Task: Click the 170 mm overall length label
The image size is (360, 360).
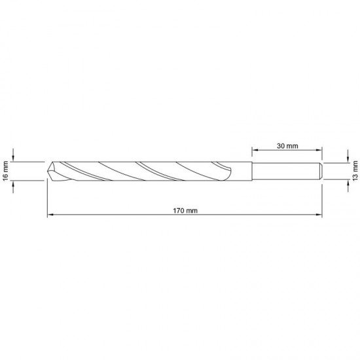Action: click(x=185, y=211)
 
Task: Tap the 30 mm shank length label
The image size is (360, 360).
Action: click(x=287, y=146)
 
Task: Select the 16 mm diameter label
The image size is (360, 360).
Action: click(x=5, y=171)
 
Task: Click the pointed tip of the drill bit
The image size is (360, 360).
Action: click(x=48, y=171)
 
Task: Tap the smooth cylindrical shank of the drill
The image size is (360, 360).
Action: click(x=287, y=171)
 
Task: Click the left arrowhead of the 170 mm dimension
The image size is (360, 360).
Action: click(x=50, y=215)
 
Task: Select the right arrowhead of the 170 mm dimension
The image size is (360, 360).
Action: click(x=319, y=215)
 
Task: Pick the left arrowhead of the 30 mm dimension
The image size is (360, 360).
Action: click(x=255, y=150)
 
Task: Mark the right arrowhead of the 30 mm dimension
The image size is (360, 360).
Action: click(x=319, y=150)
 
